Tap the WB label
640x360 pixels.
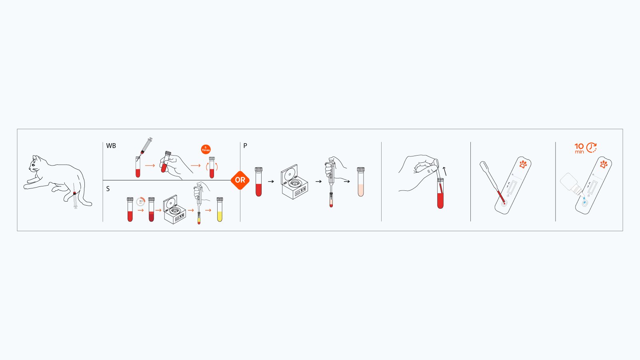tap(111, 146)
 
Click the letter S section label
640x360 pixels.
tap(108, 189)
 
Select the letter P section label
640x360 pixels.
tap(245, 146)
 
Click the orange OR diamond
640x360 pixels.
tap(240, 180)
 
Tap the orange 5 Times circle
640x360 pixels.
tap(206, 149)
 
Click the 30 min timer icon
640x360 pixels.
tap(140, 202)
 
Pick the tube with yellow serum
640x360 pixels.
tap(220, 210)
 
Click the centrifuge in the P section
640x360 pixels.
tap(294, 182)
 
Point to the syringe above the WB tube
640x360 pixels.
tap(146, 145)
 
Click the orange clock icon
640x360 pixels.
tap(592, 148)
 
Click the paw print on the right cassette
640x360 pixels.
tap(604, 164)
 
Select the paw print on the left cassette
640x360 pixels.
tap(523, 164)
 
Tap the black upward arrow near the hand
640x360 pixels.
tap(444, 171)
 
